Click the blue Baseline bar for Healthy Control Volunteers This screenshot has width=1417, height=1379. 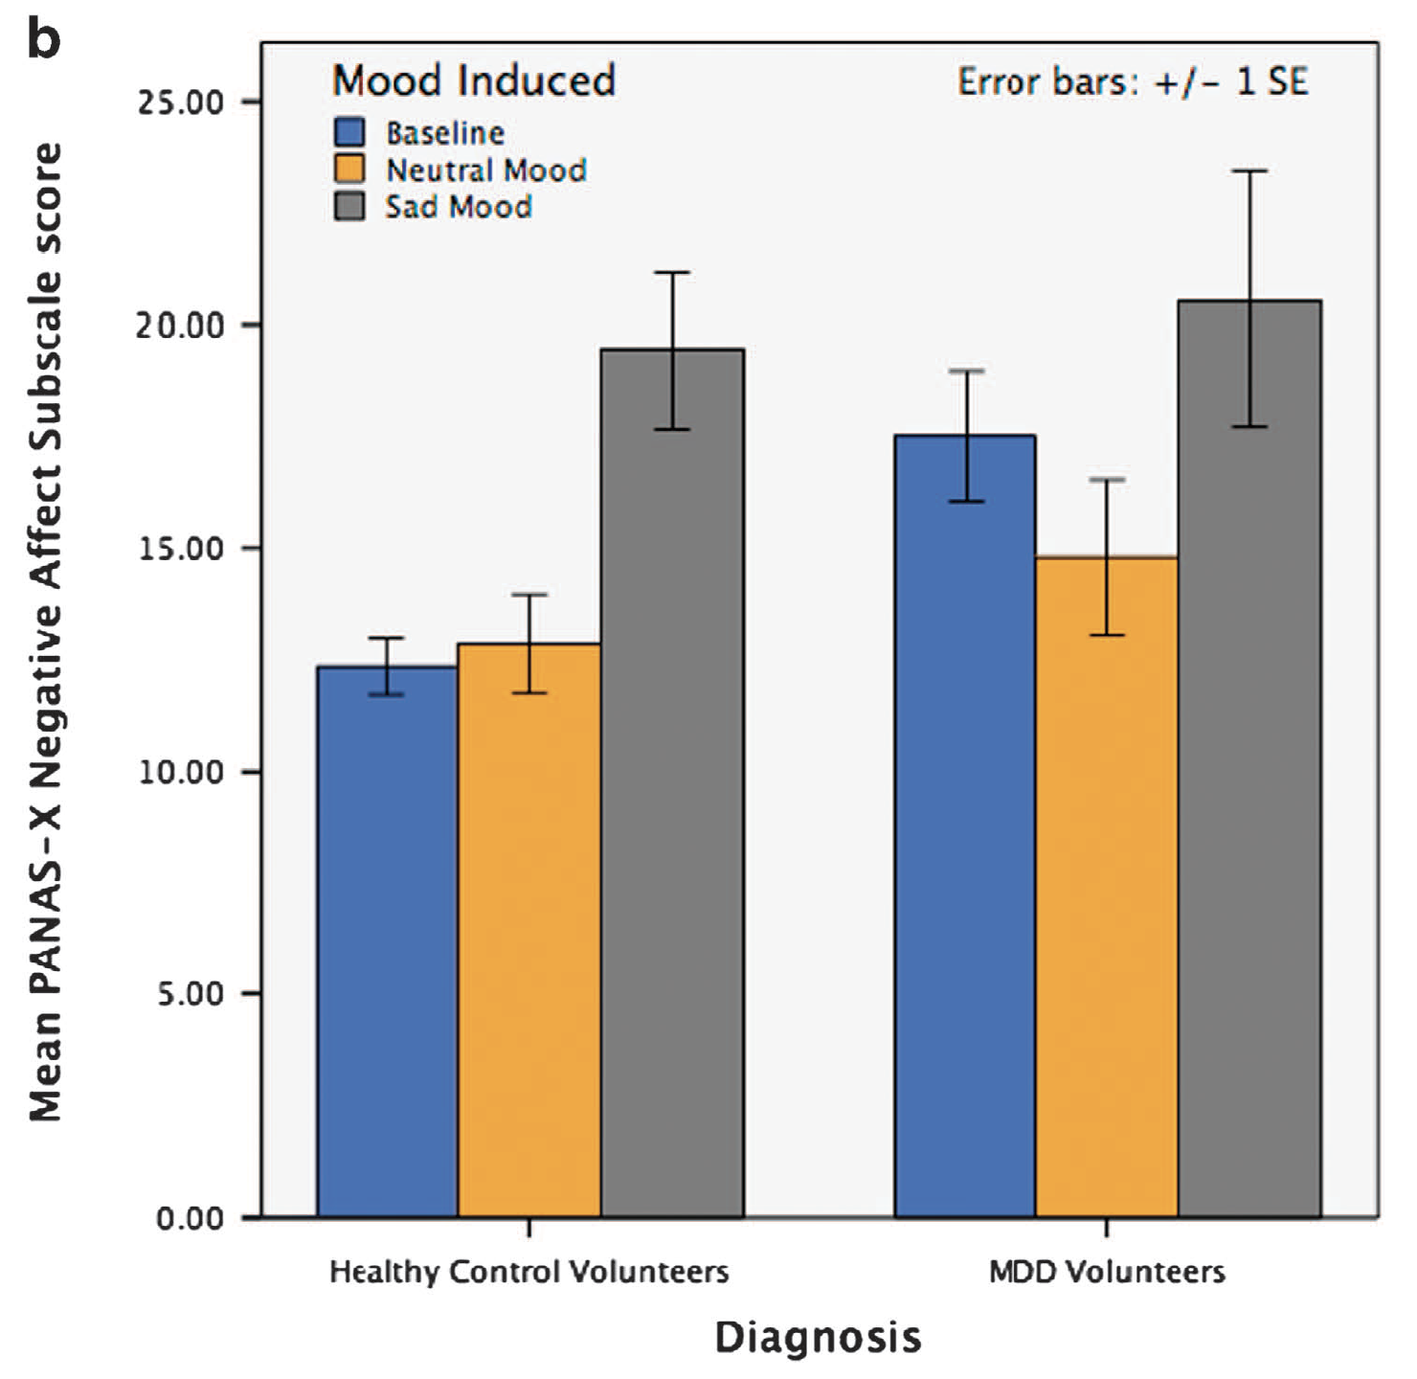pyautogui.click(x=387, y=943)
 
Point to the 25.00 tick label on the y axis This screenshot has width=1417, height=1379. pyautogui.click(x=180, y=102)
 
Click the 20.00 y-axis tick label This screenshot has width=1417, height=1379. pyautogui.click(x=180, y=326)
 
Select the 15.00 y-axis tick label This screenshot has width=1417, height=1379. pyautogui.click(x=180, y=549)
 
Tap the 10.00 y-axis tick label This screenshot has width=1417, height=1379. pyautogui.click(x=180, y=772)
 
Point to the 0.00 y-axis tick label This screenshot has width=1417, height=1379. pyautogui.click(x=190, y=1218)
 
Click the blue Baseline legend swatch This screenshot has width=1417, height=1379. pyautogui.click(x=349, y=132)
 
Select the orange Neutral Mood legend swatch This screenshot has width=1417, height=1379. pyautogui.click(x=349, y=170)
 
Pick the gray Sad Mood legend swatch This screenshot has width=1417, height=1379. pyautogui.click(x=349, y=206)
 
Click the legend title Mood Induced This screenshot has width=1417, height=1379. pyautogui.click(x=473, y=80)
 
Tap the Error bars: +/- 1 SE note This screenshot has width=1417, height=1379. pyautogui.click(x=1132, y=82)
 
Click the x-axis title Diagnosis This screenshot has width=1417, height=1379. pyautogui.click(x=818, y=1337)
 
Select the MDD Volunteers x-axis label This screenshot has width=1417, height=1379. pyautogui.click(x=1107, y=1273)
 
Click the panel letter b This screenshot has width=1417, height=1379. pyautogui.click(x=44, y=40)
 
